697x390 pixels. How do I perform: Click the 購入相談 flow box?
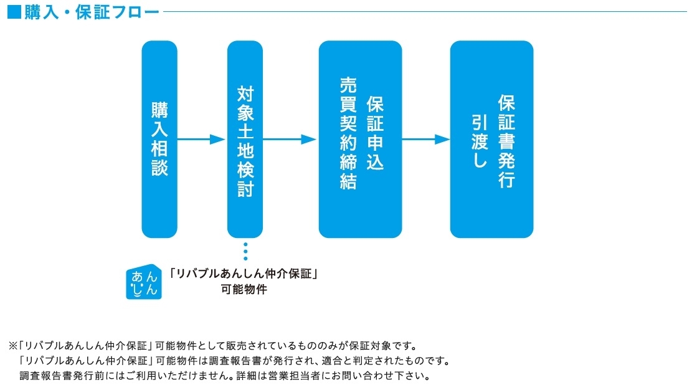click(x=159, y=139)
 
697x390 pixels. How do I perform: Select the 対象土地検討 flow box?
click(x=245, y=139)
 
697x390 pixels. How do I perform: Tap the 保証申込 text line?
click(x=375, y=133)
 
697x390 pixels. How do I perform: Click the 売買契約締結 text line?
click(x=348, y=133)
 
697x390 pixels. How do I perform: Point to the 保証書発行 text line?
click(x=506, y=141)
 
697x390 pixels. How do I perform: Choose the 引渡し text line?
click(x=480, y=141)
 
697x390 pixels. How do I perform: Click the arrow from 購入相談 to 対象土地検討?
click(x=201, y=139)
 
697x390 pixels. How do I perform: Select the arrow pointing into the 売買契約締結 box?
click(x=290, y=139)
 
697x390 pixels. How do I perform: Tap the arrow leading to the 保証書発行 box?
click(x=426, y=139)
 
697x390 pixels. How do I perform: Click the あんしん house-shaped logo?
click(x=144, y=282)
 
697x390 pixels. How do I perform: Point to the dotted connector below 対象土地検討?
click(x=245, y=251)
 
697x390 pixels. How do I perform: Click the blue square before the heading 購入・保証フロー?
click(x=14, y=12)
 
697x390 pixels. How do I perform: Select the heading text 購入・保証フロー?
click(x=92, y=12)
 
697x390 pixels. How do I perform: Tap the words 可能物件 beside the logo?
click(x=244, y=290)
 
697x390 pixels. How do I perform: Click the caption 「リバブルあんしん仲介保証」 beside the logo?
click(x=244, y=274)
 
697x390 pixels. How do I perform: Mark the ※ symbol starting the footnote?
click(x=13, y=346)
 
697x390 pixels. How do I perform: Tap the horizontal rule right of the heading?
click(x=425, y=12)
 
